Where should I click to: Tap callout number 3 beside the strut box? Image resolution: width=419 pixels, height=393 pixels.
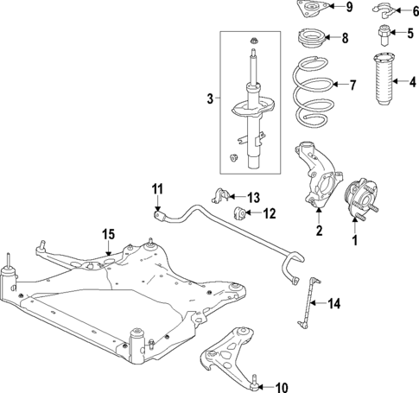click(x=209, y=100)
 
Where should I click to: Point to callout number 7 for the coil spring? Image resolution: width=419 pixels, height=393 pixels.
click(x=352, y=85)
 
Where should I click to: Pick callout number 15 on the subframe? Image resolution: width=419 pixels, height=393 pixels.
click(x=108, y=234)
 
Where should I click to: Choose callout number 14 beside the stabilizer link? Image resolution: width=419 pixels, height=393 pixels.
click(x=335, y=302)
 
